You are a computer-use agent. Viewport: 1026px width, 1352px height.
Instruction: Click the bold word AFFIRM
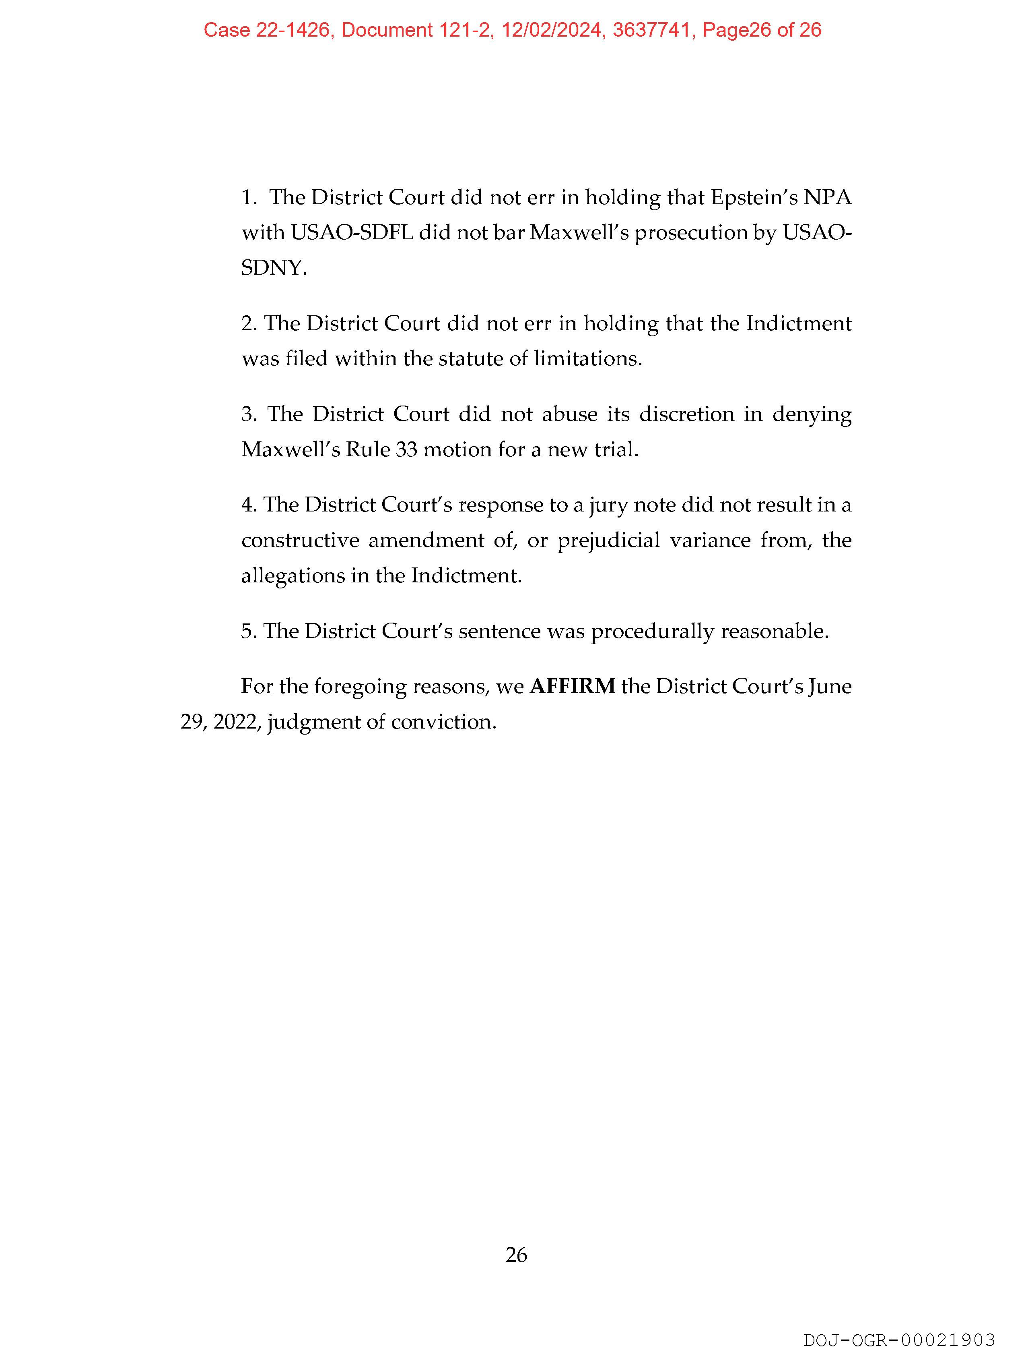coord(572,686)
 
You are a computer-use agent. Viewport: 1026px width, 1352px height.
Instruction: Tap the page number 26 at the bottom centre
coord(516,1255)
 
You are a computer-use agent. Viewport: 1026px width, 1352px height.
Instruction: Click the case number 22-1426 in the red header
coord(292,30)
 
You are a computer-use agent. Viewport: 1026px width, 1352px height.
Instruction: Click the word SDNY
coord(273,268)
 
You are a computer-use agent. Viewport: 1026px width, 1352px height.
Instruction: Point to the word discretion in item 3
coord(686,414)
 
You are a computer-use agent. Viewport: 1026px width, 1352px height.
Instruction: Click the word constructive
coord(300,540)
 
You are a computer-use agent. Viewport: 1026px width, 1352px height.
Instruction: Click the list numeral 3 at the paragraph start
coord(247,414)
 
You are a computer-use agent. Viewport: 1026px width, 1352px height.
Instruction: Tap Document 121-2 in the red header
coord(417,30)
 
